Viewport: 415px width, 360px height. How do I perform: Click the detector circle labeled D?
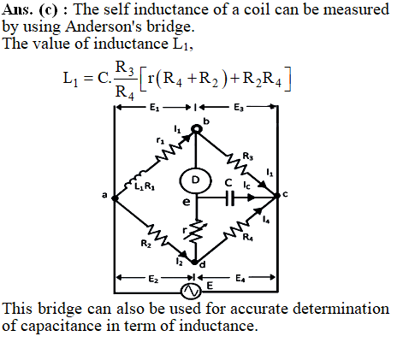click(x=196, y=180)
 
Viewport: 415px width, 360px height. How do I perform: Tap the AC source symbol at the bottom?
click(x=191, y=292)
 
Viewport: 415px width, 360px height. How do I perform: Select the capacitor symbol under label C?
click(x=230, y=198)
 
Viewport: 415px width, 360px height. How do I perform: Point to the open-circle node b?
click(x=197, y=129)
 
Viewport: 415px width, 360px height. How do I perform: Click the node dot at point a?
click(x=115, y=198)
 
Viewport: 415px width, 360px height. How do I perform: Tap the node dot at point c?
click(x=277, y=196)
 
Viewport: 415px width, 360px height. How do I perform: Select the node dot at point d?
click(x=194, y=262)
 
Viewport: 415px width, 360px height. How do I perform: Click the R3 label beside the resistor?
click(x=248, y=156)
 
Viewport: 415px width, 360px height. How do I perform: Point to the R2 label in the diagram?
click(x=145, y=244)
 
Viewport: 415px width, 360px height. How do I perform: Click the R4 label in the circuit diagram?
click(x=247, y=237)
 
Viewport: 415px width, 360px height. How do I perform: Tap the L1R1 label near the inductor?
click(x=145, y=186)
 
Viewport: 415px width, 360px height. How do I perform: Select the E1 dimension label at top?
click(x=154, y=108)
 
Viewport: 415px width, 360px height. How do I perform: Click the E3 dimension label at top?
click(x=239, y=108)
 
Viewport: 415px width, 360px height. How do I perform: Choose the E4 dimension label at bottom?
click(x=240, y=278)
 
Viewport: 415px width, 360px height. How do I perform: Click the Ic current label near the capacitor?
click(x=246, y=186)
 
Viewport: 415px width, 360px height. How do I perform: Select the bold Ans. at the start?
click(x=17, y=9)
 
